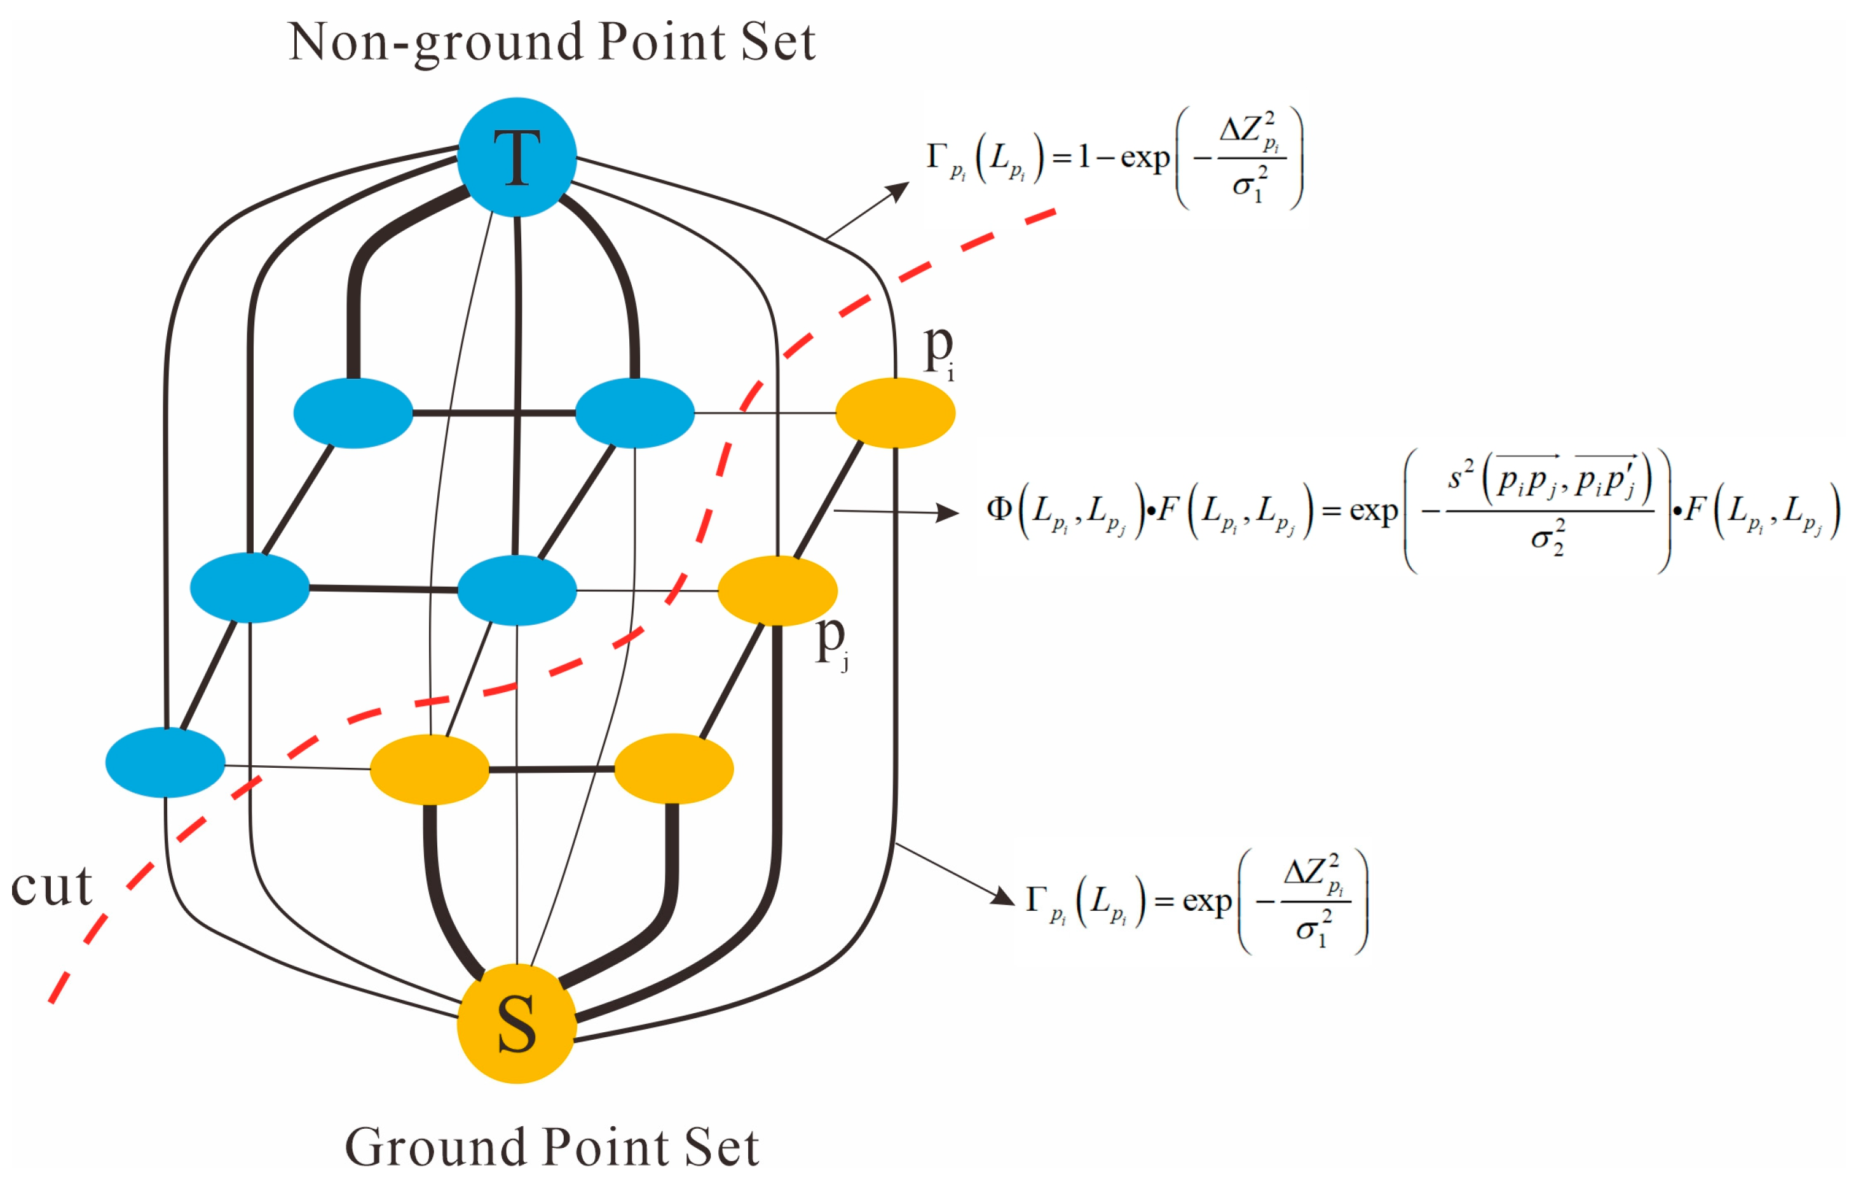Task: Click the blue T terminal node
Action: click(516, 157)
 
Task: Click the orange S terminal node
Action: click(516, 1023)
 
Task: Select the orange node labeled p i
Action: click(895, 413)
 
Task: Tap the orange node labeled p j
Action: click(777, 590)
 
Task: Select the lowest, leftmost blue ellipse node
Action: click(165, 762)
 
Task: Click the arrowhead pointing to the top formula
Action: click(900, 189)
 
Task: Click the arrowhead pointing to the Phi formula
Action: click(949, 512)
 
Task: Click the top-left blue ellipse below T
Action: click(353, 413)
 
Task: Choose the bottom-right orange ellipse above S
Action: click(673, 768)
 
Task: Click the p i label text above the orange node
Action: click(939, 351)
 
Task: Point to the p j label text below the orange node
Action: click(831, 642)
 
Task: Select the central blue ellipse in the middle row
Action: click(516, 590)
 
